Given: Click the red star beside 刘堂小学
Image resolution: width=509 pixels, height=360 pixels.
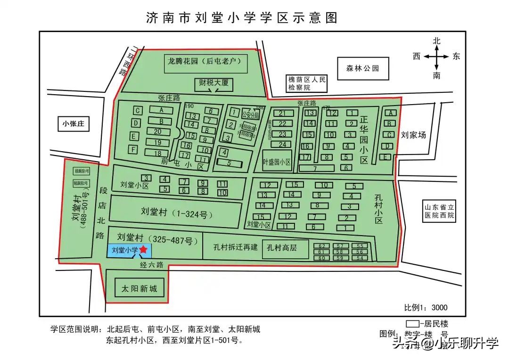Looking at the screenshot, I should tap(144, 250).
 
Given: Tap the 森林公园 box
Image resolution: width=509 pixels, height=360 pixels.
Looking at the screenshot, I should tap(363, 68).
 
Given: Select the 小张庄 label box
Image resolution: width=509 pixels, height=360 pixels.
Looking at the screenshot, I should tap(73, 124).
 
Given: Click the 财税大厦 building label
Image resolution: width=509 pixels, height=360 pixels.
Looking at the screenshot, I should tap(213, 83).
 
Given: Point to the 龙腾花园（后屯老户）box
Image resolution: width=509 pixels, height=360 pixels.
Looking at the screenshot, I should tap(205, 61).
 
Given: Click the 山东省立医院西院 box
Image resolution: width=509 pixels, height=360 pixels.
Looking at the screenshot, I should tap(438, 211).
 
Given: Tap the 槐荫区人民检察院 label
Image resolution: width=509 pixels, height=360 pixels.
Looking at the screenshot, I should tap(307, 83).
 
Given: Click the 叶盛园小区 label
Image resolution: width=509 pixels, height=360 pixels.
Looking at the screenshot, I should tap(277, 162).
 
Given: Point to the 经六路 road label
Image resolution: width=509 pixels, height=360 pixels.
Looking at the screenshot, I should tap(151, 265).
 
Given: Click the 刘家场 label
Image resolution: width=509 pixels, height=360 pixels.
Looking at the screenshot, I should tap(413, 135).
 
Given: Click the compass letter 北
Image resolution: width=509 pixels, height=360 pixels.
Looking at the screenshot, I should tap(437, 41).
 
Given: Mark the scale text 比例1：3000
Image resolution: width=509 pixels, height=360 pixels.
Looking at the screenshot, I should tap(426, 308).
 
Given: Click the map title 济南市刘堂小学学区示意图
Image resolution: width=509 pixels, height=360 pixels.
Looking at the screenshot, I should tap(242, 18).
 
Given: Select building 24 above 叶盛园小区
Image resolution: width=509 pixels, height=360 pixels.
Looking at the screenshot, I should tap(282, 144).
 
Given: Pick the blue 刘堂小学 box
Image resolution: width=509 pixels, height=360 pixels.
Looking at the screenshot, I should tap(124, 251).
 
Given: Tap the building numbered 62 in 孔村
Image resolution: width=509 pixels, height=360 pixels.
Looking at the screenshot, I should tap(322, 246).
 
